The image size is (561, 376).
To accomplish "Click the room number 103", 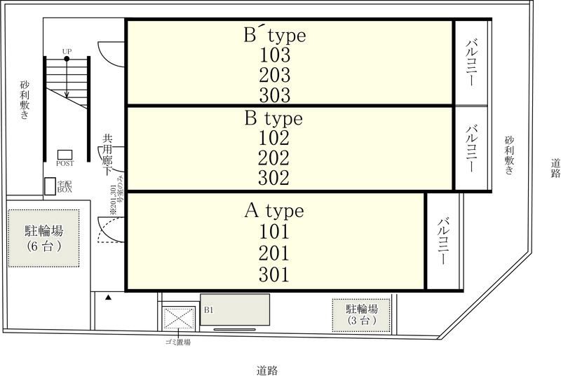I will point(275,54).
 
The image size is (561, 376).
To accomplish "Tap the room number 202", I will point(274,158).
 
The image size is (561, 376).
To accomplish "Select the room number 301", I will point(274,274).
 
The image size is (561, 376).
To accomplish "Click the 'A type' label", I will point(273,210).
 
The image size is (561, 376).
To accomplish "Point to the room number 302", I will point(274,179).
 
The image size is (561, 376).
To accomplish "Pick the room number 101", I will point(274,232).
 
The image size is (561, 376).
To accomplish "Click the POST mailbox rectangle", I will point(65,154).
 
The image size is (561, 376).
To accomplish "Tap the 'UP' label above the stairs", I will point(67,52).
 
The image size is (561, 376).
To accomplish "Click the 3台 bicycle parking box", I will point(362,315).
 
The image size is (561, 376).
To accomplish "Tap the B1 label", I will point(208,309).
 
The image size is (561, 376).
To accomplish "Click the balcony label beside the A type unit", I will point(443,242).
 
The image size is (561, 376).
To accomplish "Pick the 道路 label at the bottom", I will point(271,370).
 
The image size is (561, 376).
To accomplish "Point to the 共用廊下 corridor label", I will point(108,154).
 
